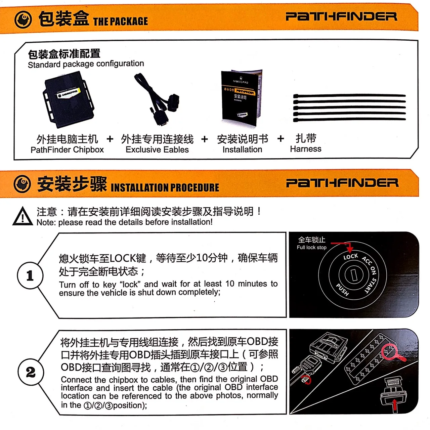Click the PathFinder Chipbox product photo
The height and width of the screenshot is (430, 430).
[x=69, y=99]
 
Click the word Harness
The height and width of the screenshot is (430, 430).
[x=305, y=149]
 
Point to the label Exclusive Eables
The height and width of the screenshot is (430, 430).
[x=157, y=150]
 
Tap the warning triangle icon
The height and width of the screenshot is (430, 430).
[x=22, y=216]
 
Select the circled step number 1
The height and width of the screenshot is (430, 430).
[x=30, y=276]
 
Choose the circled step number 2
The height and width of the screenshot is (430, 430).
[x=31, y=372]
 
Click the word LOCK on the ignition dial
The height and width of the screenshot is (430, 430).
[x=351, y=257]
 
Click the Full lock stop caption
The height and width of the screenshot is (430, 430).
[x=311, y=248]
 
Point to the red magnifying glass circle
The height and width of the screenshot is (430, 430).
[x=389, y=351]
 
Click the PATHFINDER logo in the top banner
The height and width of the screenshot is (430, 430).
[x=341, y=16]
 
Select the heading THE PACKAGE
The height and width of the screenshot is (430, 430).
[x=120, y=21]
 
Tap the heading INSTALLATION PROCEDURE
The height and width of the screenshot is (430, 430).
[x=165, y=187]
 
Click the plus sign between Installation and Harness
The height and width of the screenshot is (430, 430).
[x=281, y=139]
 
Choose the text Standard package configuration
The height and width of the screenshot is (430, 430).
[x=86, y=64]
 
